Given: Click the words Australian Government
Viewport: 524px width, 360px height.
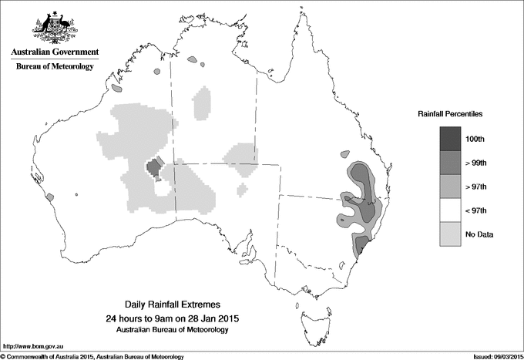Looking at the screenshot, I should pyautogui.click(x=55, y=52).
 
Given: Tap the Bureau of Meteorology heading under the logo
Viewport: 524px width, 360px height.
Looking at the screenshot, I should pyautogui.click(x=55, y=66).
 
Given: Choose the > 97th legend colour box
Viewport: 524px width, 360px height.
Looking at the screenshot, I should pyautogui.click(x=451, y=186).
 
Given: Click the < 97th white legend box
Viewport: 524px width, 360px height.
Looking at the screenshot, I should pyautogui.click(x=451, y=210).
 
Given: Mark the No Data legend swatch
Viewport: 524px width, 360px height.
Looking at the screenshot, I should pyautogui.click(x=451, y=234).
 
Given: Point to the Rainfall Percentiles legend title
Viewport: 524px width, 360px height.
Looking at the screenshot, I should pyautogui.click(x=450, y=113).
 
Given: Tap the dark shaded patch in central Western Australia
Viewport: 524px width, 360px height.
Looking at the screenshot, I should pyautogui.click(x=153, y=167).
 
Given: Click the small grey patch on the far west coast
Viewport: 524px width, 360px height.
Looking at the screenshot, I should pyautogui.click(x=50, y=197).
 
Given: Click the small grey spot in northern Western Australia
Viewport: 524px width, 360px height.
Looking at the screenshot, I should pyautogui.click(x=156, y=71).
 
